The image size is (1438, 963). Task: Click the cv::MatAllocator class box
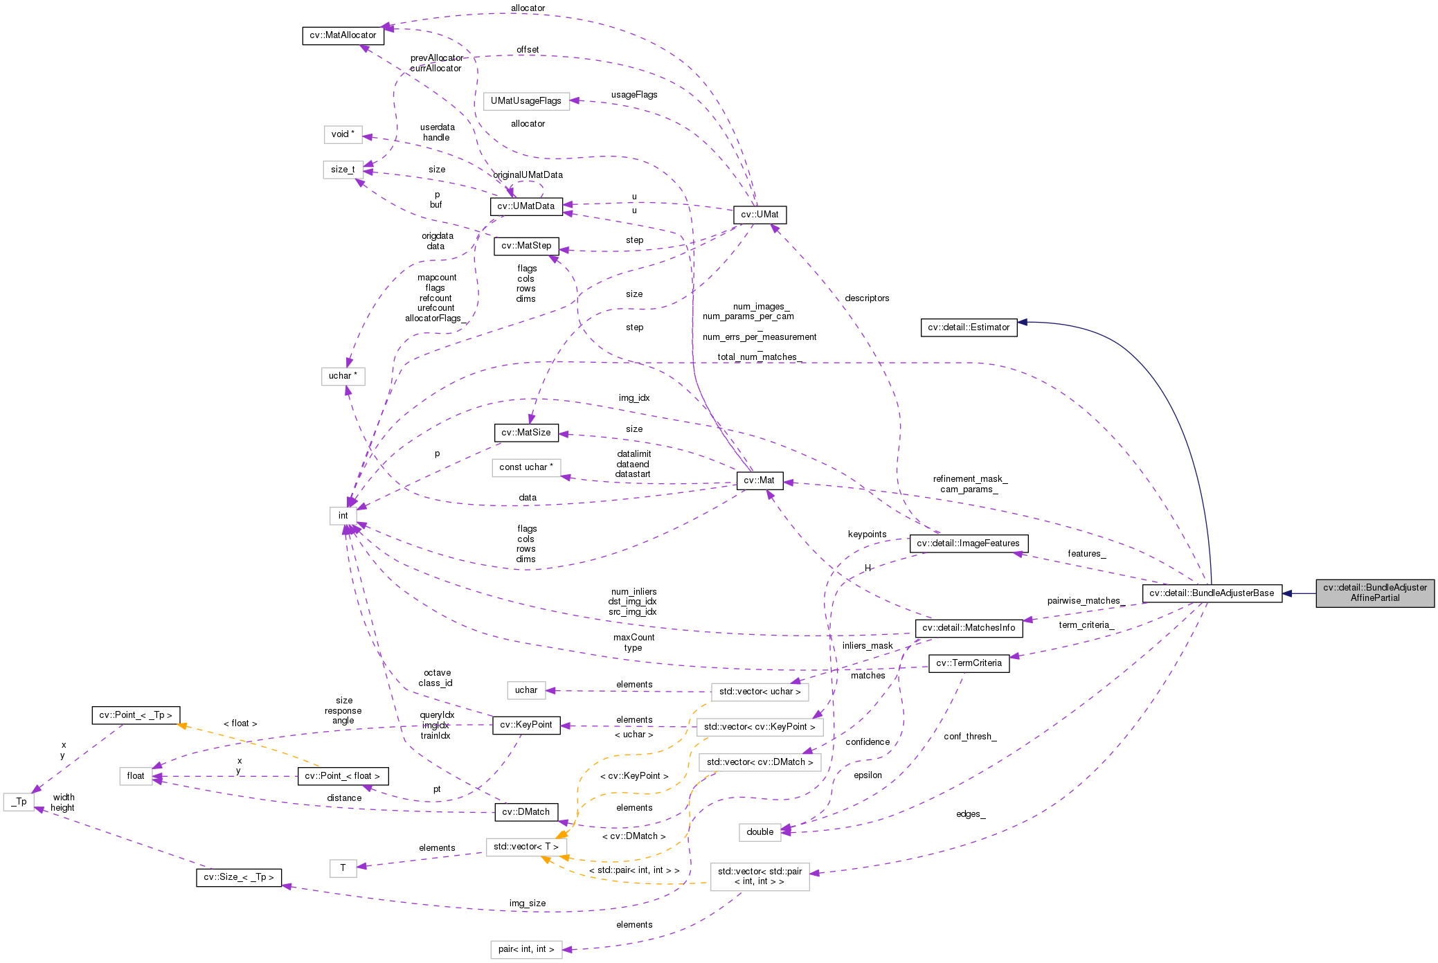tap(343, 35)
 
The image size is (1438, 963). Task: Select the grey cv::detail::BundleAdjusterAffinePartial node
tap(1374, 593)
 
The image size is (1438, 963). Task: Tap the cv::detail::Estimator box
tap(969, 327)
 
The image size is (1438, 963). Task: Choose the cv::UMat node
tap(760, 215)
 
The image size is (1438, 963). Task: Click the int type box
tap(343, 516)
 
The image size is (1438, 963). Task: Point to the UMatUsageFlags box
tap(525, 101)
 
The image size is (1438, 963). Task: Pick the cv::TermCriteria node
tap(969, 663)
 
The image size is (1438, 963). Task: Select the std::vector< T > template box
tap(525, 847)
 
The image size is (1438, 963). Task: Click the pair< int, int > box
tap(526, 949)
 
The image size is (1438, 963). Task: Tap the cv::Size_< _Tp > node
tap(238, 877)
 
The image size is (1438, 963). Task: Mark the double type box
tap(760, 832)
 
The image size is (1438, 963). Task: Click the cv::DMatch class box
tap(525, 812)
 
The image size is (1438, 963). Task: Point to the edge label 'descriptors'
tap(867, 298)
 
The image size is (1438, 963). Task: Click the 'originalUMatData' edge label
tap(528, 175)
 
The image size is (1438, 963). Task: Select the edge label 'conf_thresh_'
tap(970, 737)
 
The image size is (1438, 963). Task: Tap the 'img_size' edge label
tap(528, 903)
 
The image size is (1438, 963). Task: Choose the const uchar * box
tap(525, 467)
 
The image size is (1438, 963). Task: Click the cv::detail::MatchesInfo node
tap(969, 628)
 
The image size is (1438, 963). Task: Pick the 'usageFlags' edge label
tap(634, 95)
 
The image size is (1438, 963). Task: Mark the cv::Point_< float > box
tap(342, 776)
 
